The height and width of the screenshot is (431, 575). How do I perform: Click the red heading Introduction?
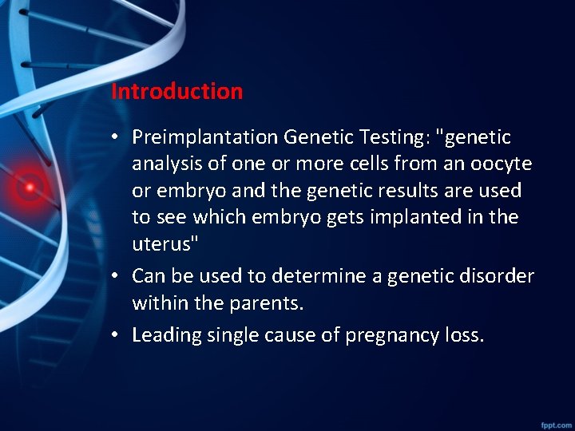pyautogui.click(x=176, y=91)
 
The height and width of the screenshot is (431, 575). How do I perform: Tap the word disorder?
pyautogui.click(x=494, y=276)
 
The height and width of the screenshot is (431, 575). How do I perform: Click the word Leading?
pyautogui.click(x=166, y=335)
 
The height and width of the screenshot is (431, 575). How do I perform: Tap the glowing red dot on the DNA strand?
pyautogui.click(x=30, y=187)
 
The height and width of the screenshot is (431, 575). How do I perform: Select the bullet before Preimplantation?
pyautogui.click(x=117, y=138)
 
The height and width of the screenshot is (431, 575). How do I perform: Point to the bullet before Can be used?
pyautogui.click(x=117, y=276)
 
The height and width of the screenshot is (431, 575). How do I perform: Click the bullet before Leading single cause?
pyautogui.click(x=117, y=335)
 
